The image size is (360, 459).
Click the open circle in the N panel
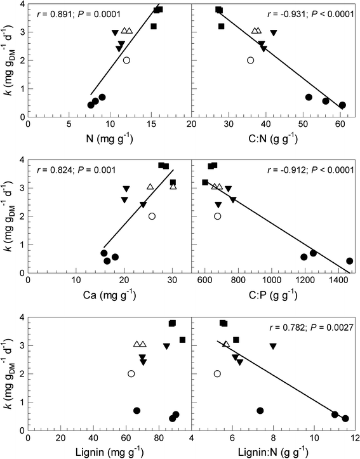[126, 60]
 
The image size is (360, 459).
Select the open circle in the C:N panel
[250, 60]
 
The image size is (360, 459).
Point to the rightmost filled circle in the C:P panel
[349, 261]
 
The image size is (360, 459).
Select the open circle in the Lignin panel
[131, 373]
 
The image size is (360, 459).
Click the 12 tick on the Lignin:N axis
[355, 439]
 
